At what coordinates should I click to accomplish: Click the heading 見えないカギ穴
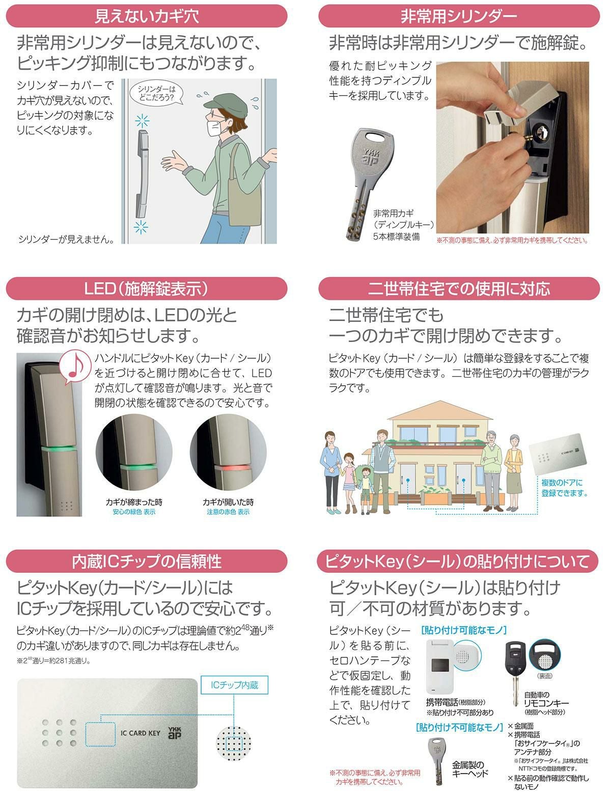[x=147, y=16]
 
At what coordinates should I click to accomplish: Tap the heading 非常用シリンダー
[x=459, y=16]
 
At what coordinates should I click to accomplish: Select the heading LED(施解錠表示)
[x=146, y=288]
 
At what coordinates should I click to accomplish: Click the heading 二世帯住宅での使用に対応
[x=459, y=288]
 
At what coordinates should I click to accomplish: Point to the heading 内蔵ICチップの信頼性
[x=147, y=561]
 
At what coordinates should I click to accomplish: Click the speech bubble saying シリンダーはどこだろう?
[x=156, y=94]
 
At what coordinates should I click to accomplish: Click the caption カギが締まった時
[x=134, y=502]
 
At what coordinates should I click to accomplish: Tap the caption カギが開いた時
[x=228, y=502]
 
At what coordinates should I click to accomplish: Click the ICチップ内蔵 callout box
[x=234, y=685]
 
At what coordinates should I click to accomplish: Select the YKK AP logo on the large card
[x=175, y=733]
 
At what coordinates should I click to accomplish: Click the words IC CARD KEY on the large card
[x=141, y=733]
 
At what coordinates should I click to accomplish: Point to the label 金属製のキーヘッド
[x=470, y=769]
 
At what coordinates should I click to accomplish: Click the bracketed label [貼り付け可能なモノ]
[x=464, y=630]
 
